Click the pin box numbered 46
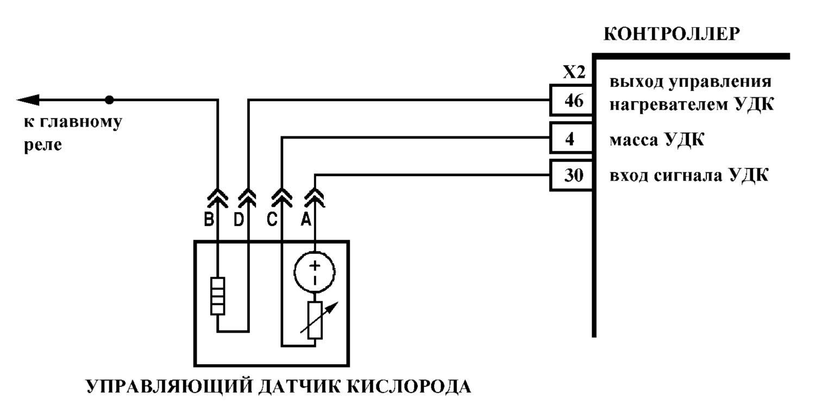(571, 100)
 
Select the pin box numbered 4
(571, 138)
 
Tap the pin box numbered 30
(571, 176)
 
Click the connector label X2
(574, 72)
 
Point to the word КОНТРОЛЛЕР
(672, 34)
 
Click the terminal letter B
(209, 220)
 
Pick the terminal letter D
(239, 220)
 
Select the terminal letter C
(272, 220)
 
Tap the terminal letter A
(306, 220)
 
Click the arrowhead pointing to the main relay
(28, 99)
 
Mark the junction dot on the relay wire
(109, 99)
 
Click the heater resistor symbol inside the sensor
(217, 296)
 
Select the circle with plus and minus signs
(315, 272)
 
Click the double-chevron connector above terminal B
(217, 199)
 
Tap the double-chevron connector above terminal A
(315, 198)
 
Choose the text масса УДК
(657, 139)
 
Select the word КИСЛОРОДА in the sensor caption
(409, 387)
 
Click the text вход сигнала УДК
(689, 175)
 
